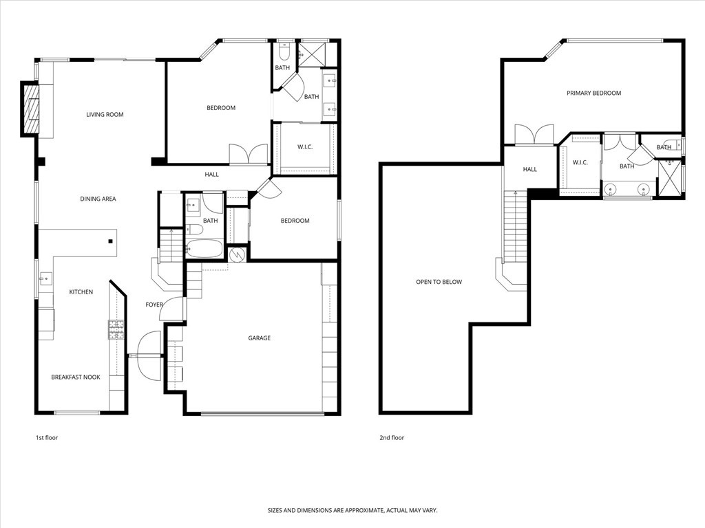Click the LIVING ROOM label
coord(105,115)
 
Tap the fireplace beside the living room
coord(30,109)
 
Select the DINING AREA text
coord(98,199)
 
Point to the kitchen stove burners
coord(116,329)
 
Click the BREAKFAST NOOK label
coord(76,377)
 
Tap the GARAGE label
coord(260,338)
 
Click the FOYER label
coord(154,305)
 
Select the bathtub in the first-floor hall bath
coord(204,248)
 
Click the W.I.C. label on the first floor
coord(305,147)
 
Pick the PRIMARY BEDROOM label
coord(593,93)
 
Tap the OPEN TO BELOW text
coord(439,282)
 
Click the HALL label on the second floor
coord(529,169)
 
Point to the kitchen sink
coord(45,279)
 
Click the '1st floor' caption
coord(47,438)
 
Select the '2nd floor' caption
coord(392,438)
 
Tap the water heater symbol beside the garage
coord(237,254)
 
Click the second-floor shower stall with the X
coord(669,178)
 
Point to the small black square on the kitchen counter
coord(110,241)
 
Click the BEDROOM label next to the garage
coord(295,221)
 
